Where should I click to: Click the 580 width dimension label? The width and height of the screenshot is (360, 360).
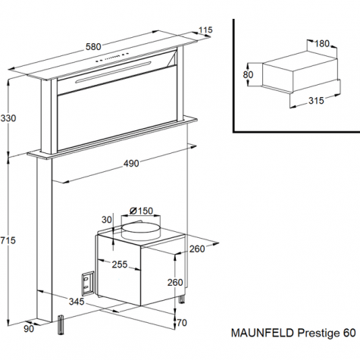[x=93, y=47]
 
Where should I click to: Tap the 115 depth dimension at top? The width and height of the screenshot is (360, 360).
[x=205, y=30]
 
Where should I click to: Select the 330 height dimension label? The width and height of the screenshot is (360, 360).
[x=8, y=118]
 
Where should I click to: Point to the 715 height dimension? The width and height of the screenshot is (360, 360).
[x=8, y=240]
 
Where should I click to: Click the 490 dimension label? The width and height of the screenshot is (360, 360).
[x=131, y=164]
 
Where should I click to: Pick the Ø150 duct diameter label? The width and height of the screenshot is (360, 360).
[x=141, y=211]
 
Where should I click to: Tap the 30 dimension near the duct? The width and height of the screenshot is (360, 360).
[x=107, y=220]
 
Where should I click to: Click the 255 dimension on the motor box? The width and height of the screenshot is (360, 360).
[x=120, y=265]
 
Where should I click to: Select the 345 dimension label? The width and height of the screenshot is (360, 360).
[x=77, y=302]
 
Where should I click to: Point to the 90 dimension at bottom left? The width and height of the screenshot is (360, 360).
[x=29, y=329]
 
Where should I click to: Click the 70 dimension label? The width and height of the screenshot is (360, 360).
[x=182, y=323]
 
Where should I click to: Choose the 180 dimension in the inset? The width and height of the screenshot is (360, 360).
[x=322, y=44]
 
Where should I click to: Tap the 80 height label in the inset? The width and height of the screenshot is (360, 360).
[x=248, y=75]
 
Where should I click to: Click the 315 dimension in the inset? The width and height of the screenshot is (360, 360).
[x=316, y=101]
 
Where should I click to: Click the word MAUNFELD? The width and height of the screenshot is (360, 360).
[x=262, y=333]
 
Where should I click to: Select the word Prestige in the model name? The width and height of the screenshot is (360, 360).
[x=318, y=333]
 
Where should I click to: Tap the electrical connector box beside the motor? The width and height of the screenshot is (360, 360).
[x=88, y=283]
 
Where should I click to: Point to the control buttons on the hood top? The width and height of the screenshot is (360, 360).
[x=112, y=57]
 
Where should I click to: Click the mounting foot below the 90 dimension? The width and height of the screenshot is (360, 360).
[x=61, y=325]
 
